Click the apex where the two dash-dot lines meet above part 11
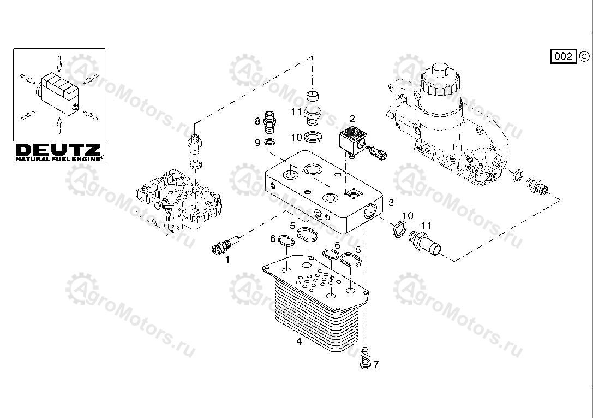pyautogui.click(x=313, y=56)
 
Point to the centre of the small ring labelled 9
pyautogui.click(x=269, y=143)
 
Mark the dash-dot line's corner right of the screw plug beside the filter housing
pyautogui.click(x=559, y=199)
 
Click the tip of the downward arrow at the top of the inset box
pyautogui.click(x=59, y=72)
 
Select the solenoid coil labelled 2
pyautogui.click(x=352, y=141)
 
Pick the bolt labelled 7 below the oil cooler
pyautogui.click(x=365, y=357)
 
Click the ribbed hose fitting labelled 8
pyautogui.click(x=269, y=121)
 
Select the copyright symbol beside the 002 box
pyautogui.click(x=584, y=56)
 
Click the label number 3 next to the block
pyautogui.click(x=391, y=203)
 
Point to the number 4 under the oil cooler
pyautogui.click(x=299, y=342)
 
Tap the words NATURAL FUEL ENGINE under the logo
pyautogui.click(x=58, y=159)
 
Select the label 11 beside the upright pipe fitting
pyautogui.click(x=297, y=111)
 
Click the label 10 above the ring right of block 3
pyautogui.click(x=408, y=216)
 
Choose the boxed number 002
pyautogui.click(x=564, y=56)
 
